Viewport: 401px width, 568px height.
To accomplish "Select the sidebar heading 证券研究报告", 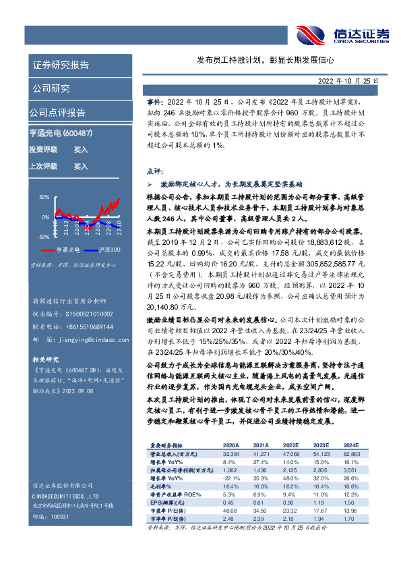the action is pos(60,65).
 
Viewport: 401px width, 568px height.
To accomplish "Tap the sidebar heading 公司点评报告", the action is pos(57,113).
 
